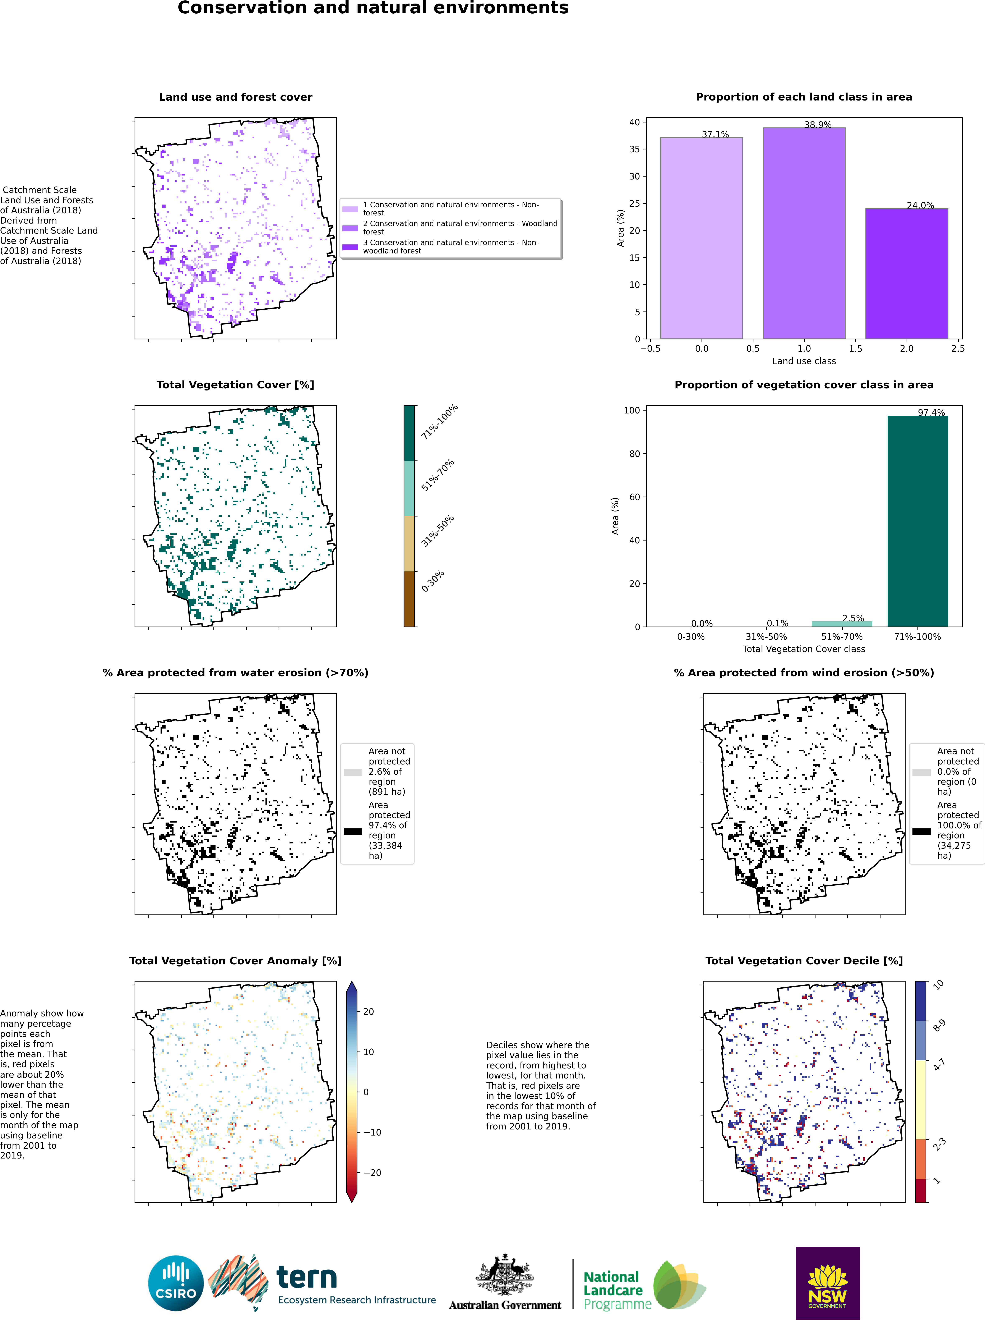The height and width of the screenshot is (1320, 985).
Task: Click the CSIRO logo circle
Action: [176, 1283]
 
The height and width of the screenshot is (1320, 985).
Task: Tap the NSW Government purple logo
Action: [828, 1283]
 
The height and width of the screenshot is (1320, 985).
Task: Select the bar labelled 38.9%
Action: [804, 233]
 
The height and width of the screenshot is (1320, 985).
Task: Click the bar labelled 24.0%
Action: [906, 273]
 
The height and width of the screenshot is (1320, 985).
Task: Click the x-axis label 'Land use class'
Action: [804, 361]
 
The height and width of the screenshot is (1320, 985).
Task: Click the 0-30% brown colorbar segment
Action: [409, 599]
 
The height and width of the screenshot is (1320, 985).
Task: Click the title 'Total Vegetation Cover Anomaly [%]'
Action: [236, 961]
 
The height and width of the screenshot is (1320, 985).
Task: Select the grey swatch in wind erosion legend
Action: [921, 772]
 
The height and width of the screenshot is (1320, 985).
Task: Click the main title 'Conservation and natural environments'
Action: [373, 8]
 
